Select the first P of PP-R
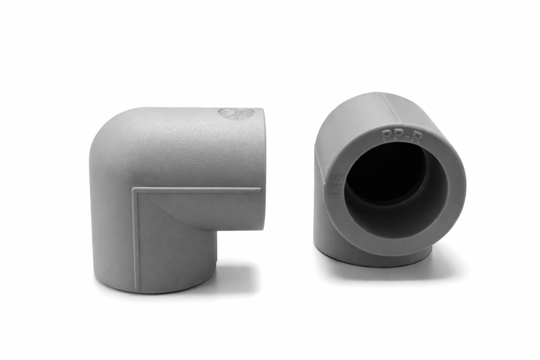tap(386, 135)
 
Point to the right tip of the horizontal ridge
tap(260, 189)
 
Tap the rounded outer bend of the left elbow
tap(108, 135)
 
